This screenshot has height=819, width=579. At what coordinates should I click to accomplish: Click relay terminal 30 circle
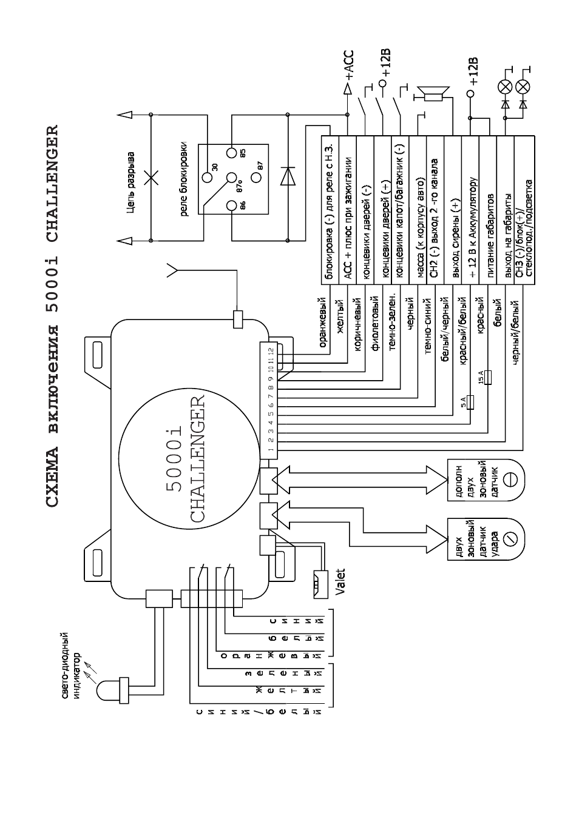point(207,178)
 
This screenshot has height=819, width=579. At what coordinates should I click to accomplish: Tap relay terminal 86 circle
point(231,206)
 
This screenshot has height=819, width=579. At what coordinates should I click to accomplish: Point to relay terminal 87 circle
point(257,178)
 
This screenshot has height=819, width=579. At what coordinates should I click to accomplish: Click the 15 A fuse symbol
point(488,377)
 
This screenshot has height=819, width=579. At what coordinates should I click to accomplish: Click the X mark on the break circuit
point(151,179)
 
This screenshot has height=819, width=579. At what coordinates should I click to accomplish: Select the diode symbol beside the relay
point(288,176)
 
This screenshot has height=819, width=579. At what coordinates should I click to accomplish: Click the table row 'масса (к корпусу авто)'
point(418,210)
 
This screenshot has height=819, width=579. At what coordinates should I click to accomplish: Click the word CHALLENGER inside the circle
point(197,458)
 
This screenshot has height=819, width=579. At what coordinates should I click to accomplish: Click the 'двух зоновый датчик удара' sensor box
point(485,538)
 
